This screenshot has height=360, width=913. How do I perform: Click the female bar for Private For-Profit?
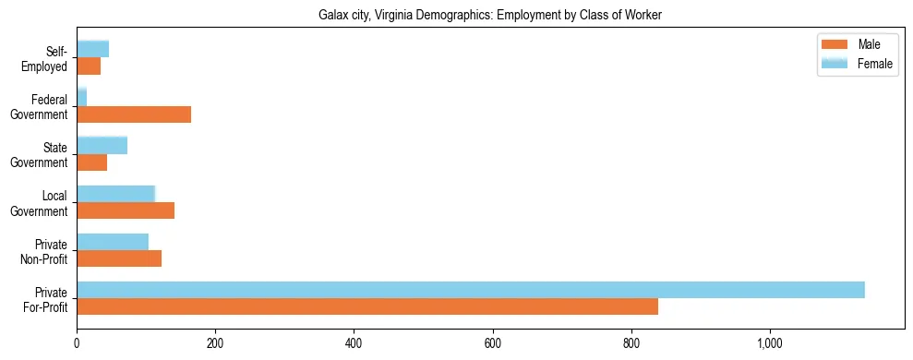point(471,290)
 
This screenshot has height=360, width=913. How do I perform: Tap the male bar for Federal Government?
point(134,114)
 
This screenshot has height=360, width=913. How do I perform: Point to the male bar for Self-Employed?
point(89,66)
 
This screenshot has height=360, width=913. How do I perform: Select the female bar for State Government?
point(102,146)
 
